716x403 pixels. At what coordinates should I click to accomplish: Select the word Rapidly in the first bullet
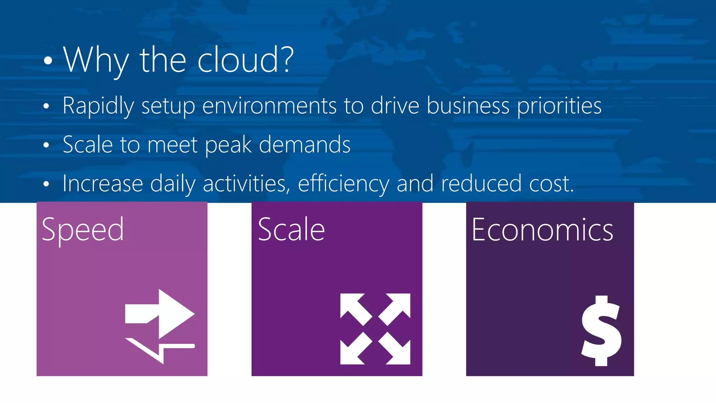98,106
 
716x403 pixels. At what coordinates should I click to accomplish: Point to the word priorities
559,106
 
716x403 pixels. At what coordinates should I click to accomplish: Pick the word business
468,106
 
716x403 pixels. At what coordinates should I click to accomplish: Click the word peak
228,145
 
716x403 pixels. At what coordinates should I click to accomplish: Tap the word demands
305,145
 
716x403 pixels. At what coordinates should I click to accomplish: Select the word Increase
103,183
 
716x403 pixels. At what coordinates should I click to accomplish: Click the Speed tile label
83,230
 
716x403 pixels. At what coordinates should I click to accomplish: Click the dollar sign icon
601,331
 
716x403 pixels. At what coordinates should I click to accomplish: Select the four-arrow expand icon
375,329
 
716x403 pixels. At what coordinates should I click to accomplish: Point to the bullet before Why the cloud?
48,61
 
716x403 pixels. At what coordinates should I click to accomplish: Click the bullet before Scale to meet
46,145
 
